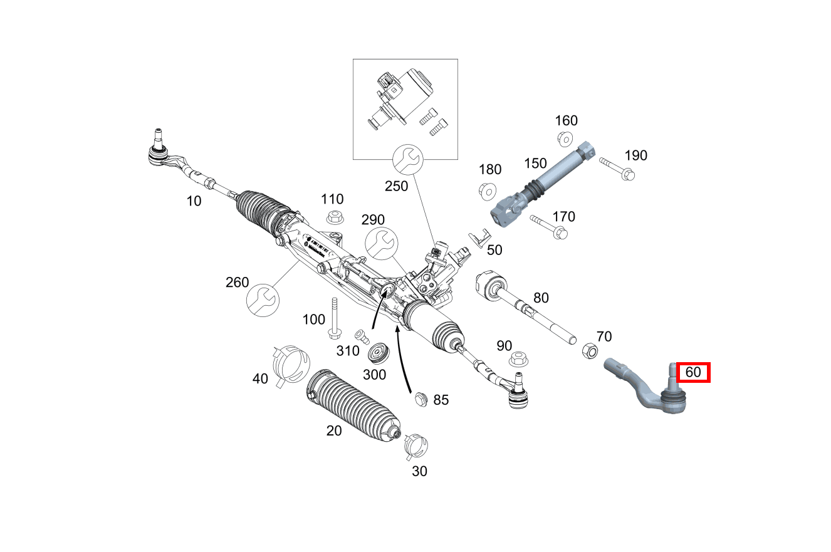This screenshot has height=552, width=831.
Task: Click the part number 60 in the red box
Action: tap(692, 372)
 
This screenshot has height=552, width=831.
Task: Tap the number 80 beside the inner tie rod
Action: tap(540, 297)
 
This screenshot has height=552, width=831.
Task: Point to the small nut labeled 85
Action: tap(421, 398)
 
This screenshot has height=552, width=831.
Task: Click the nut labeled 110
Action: tap(335, 218)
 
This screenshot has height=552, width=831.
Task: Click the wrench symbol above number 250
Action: tap(407, 161)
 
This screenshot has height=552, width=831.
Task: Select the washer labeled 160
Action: tap(564, 138)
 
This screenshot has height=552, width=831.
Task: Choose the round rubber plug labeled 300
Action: tap(379, 353)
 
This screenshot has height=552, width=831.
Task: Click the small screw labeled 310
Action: tap(361, 336)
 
